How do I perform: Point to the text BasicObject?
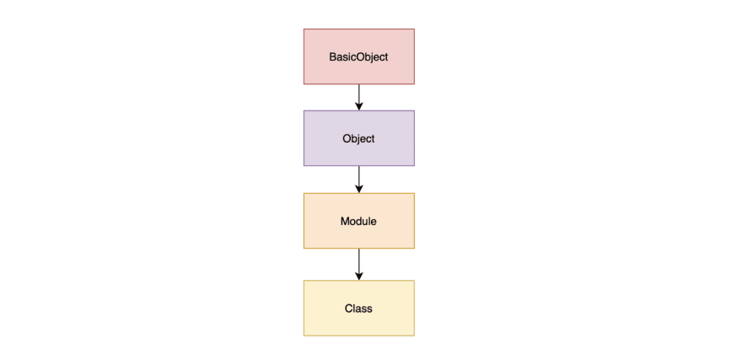tap(358, 56)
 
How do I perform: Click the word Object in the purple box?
tap(358, 138)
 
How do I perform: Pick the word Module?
tap(358, 221)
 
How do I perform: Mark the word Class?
tap(358, 308)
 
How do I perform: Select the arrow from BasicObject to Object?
tap(359, 94)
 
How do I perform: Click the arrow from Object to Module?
tap(359, 177)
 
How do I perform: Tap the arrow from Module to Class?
tap(359, 261)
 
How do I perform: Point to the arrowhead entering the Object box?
tap(359, 106)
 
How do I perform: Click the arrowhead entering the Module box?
tap(359, 189)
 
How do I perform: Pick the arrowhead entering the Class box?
tap(359, 276)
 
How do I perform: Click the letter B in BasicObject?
tap(332, 56)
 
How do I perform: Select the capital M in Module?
tap(345, 221)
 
